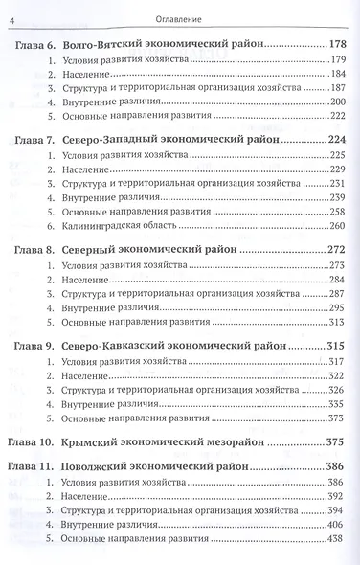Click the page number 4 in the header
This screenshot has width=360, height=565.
click(11, 11)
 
